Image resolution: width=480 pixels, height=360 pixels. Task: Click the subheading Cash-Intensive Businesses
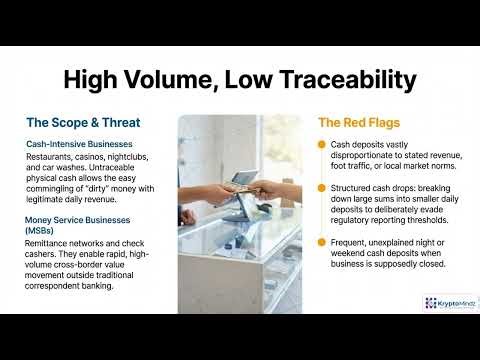[83, 144]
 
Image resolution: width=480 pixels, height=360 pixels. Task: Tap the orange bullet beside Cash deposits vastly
[323, 145]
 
